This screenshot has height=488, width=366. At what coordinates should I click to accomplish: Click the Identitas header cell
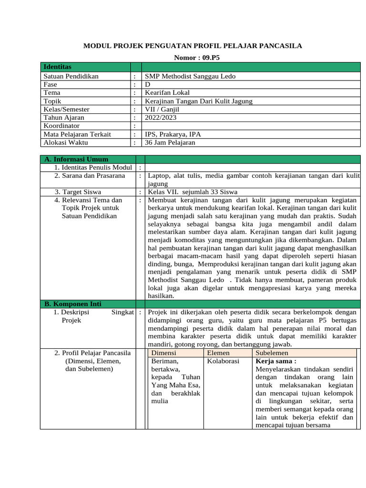57,67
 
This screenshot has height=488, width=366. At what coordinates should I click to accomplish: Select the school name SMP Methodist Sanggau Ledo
190,76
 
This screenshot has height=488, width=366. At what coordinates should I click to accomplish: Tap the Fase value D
148,84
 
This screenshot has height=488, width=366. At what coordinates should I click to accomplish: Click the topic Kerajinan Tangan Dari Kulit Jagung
199,101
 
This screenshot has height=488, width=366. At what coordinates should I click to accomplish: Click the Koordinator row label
62,126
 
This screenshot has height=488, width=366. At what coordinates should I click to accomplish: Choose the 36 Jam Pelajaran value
170,142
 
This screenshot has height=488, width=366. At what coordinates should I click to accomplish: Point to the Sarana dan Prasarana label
89,176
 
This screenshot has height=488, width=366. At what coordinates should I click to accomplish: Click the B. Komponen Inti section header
73,304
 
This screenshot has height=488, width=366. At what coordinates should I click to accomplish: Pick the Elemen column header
218,353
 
